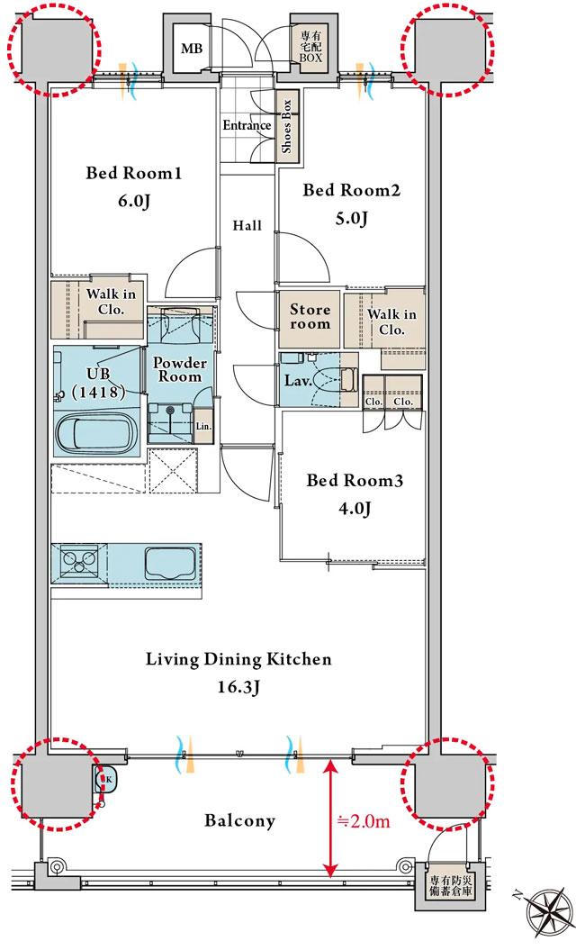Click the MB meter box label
point(192,49)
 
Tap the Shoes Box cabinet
point(287,125)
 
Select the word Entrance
point(247,125)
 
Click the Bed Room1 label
point(133,174)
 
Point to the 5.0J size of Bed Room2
point(351,218)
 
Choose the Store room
point(310,317)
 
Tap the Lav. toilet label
point(298,381)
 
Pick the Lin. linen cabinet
point(204,425)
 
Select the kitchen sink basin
point(170,563)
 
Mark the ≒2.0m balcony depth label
point(363,821)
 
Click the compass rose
point(547,916)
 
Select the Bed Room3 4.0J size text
point(355,509)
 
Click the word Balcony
point(239,821)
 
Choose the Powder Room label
point(179,369)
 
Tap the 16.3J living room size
point(238,688)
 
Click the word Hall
point(247,226)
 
